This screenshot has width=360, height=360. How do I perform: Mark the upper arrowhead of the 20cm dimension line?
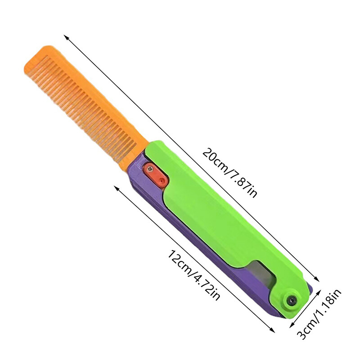66,36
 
